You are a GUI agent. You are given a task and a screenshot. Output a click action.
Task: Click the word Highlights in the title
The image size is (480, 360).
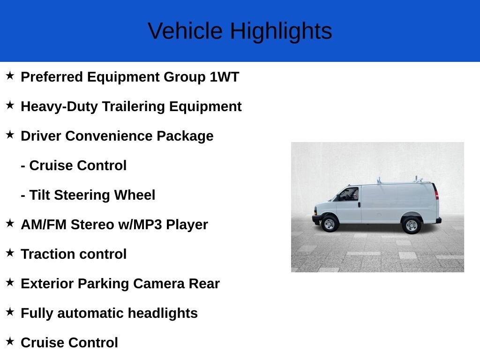[x=281, y=31]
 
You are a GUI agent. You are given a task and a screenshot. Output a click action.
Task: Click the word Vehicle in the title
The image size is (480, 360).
[x=185, y=31]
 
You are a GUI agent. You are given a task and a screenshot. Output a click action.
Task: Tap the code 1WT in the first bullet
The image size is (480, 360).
[x=224, y=77]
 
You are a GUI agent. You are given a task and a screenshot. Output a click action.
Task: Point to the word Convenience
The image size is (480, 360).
[x=109, y=136]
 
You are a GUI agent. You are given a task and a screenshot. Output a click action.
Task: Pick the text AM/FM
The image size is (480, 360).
[x=44, y=225]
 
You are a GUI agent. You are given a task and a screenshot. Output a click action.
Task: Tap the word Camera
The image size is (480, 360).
[x=158, y=284]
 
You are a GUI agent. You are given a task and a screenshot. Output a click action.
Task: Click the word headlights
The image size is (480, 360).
[x=163, y=313]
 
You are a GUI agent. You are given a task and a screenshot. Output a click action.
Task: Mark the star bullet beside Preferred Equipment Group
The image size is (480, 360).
[x=10, y=75]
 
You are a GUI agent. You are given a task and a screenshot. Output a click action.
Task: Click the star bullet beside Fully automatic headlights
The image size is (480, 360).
[x=10, y=312]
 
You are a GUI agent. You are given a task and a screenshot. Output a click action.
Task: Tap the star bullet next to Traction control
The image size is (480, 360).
[x=10, y=253]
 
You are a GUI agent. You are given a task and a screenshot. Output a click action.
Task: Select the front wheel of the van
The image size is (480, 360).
[x=330, y=224]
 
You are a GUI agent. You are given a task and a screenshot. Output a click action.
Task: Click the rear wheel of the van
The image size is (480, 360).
[x=412, y=225]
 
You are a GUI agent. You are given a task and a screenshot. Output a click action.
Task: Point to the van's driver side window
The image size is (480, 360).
[x=349, y=194]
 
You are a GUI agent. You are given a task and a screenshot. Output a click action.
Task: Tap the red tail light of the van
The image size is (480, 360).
[x=437, y=195]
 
